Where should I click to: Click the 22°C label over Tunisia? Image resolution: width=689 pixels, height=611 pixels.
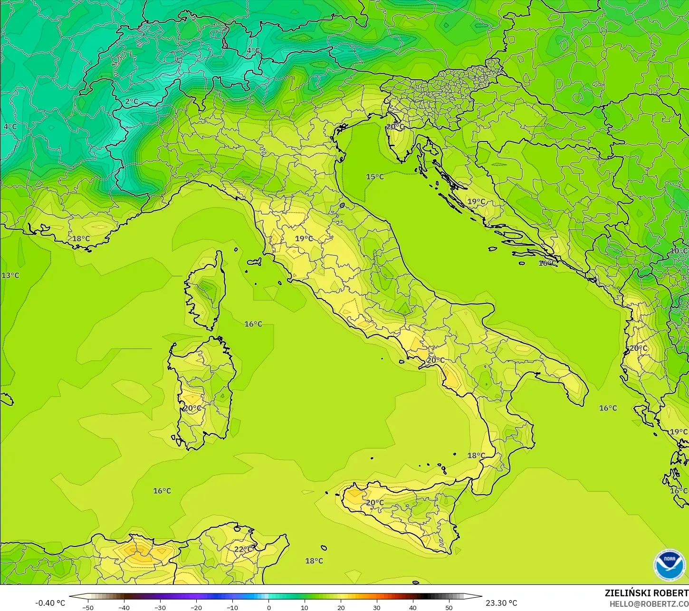243,549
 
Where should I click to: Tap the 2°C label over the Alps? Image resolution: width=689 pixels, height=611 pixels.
132,102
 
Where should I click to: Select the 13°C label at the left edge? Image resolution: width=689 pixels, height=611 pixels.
10,275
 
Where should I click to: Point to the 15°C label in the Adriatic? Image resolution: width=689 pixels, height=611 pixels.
374,177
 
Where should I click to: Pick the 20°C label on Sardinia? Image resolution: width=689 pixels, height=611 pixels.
192,408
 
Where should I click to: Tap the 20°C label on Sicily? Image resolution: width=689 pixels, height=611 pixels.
374,503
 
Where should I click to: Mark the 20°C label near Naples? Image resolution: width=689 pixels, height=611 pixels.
435,360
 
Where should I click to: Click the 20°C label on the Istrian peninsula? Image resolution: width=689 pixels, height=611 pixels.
395,127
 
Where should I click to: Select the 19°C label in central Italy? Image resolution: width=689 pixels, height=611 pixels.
304,238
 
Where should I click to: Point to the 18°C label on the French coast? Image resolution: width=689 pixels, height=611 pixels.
81,238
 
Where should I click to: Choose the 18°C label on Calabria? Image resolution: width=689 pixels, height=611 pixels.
476,455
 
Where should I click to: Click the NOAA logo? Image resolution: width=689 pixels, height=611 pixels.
669,564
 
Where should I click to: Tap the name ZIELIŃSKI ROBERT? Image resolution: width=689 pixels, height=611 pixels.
646,593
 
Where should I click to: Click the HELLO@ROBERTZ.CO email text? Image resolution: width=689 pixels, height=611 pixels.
649,603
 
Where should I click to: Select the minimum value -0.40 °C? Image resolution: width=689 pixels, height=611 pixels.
50,603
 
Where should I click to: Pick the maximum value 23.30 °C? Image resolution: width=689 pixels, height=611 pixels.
501,603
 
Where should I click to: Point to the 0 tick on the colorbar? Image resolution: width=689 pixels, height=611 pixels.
268,607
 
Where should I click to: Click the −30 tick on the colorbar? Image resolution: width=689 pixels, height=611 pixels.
160,607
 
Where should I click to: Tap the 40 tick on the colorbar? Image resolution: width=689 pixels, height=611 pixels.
412,607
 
